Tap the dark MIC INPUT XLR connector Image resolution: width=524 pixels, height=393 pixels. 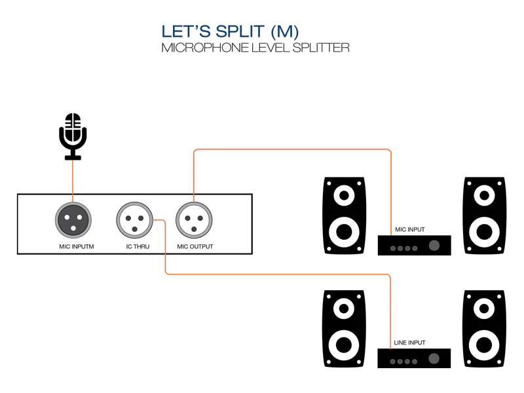73,218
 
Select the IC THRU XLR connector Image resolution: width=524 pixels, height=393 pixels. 134,218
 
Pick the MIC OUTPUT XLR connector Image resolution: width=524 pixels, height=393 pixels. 195,218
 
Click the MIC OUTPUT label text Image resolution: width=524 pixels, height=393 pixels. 195,247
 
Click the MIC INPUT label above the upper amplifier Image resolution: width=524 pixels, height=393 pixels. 410,230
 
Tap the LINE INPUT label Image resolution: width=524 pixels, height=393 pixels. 410,343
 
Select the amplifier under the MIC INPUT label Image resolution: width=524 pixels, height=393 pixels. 414,245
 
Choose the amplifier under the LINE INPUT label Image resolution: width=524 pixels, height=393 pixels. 414,358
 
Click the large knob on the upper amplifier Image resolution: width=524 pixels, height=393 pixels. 434,246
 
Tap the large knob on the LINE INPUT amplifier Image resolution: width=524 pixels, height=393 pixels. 434,358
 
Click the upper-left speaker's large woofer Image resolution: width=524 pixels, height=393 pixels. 344,231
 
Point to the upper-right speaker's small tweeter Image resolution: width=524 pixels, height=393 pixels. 484,195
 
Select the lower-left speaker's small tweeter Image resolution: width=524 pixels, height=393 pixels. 344,307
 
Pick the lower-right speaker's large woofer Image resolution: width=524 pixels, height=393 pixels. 484,344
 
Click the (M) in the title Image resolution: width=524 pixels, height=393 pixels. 284,32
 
